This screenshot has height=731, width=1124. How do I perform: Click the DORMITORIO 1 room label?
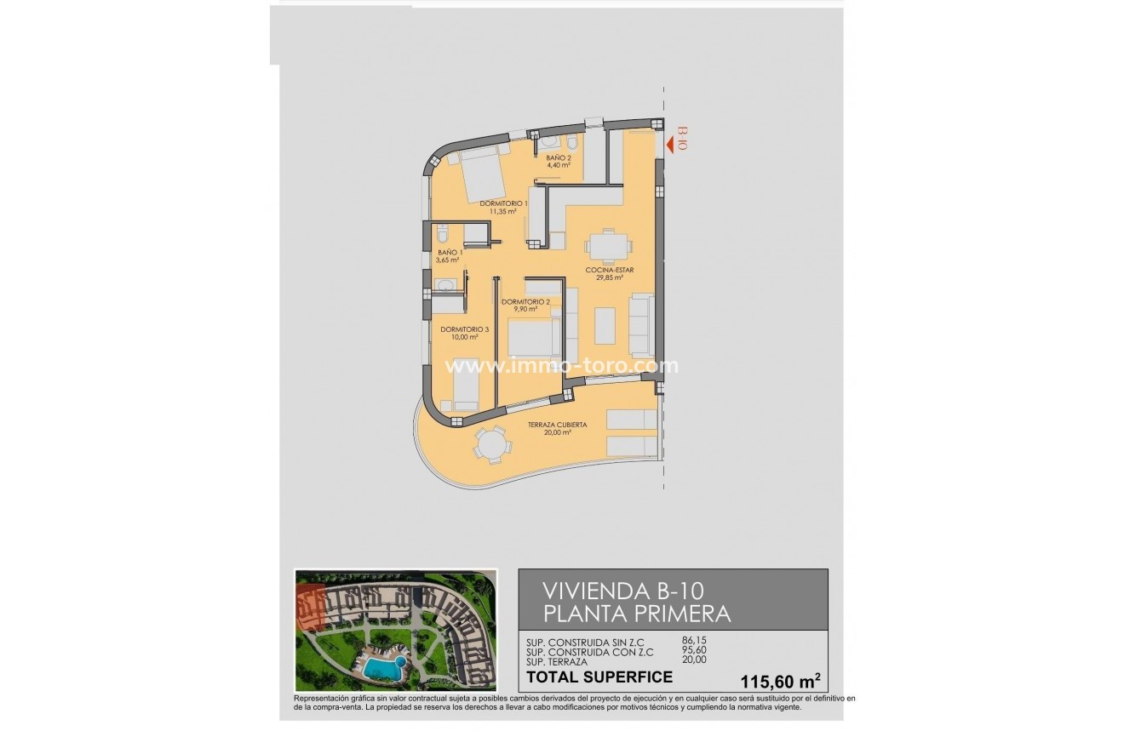[503, 203]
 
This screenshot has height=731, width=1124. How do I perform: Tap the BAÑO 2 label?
[559, 157]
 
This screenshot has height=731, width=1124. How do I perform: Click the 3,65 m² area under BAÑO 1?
[448, 260]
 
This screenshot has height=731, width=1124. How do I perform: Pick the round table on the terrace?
[492, 444]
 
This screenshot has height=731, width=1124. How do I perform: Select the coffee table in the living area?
[605, 325]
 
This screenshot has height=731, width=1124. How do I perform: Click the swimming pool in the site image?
[382, 669]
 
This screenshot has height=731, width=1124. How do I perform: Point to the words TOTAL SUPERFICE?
[599, 677]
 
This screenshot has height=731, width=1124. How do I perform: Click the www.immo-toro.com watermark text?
[562, 366]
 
